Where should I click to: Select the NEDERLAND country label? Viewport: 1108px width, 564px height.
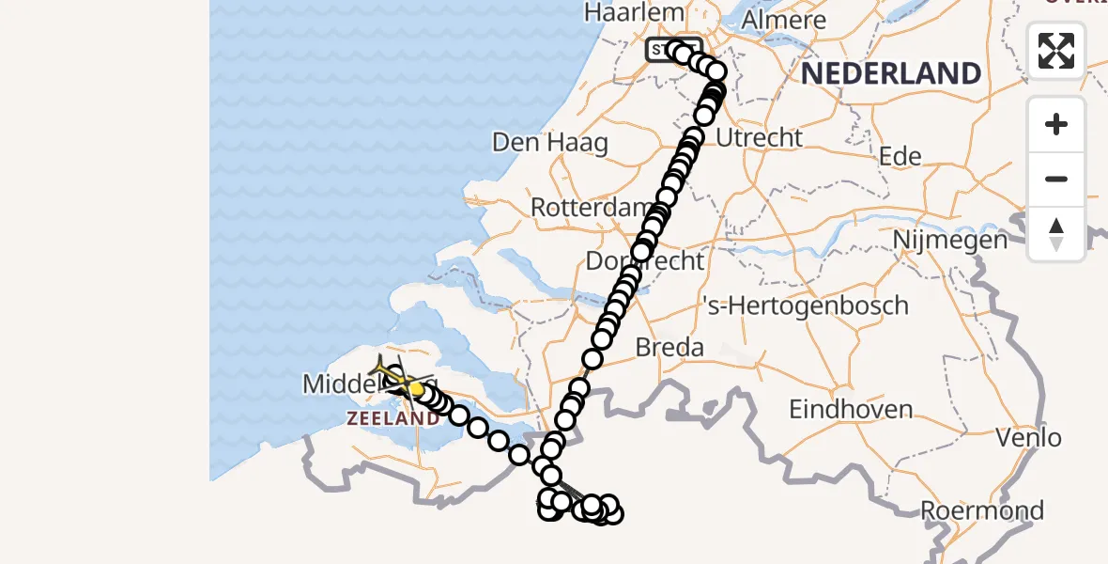(891, 72)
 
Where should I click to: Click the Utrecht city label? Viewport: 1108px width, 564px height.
(759, 138)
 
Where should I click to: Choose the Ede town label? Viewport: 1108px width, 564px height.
(900, 156)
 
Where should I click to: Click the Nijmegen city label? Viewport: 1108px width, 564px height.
(949, 240)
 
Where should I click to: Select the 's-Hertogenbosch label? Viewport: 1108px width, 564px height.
(806, 305)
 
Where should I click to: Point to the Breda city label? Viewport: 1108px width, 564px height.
(669, 347)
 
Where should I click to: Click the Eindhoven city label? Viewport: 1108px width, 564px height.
(851, 410)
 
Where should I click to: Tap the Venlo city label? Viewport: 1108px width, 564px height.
(1029, 437)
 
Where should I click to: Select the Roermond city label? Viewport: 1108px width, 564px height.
(981, 511)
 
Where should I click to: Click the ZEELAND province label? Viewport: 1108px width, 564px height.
(393, 418)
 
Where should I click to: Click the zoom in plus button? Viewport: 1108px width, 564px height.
(1056, 124)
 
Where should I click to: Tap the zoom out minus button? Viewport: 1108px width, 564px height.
(1056, 179)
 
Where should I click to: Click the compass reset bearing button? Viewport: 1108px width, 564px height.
(1056, 234)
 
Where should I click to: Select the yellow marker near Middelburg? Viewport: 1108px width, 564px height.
(416, 388)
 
